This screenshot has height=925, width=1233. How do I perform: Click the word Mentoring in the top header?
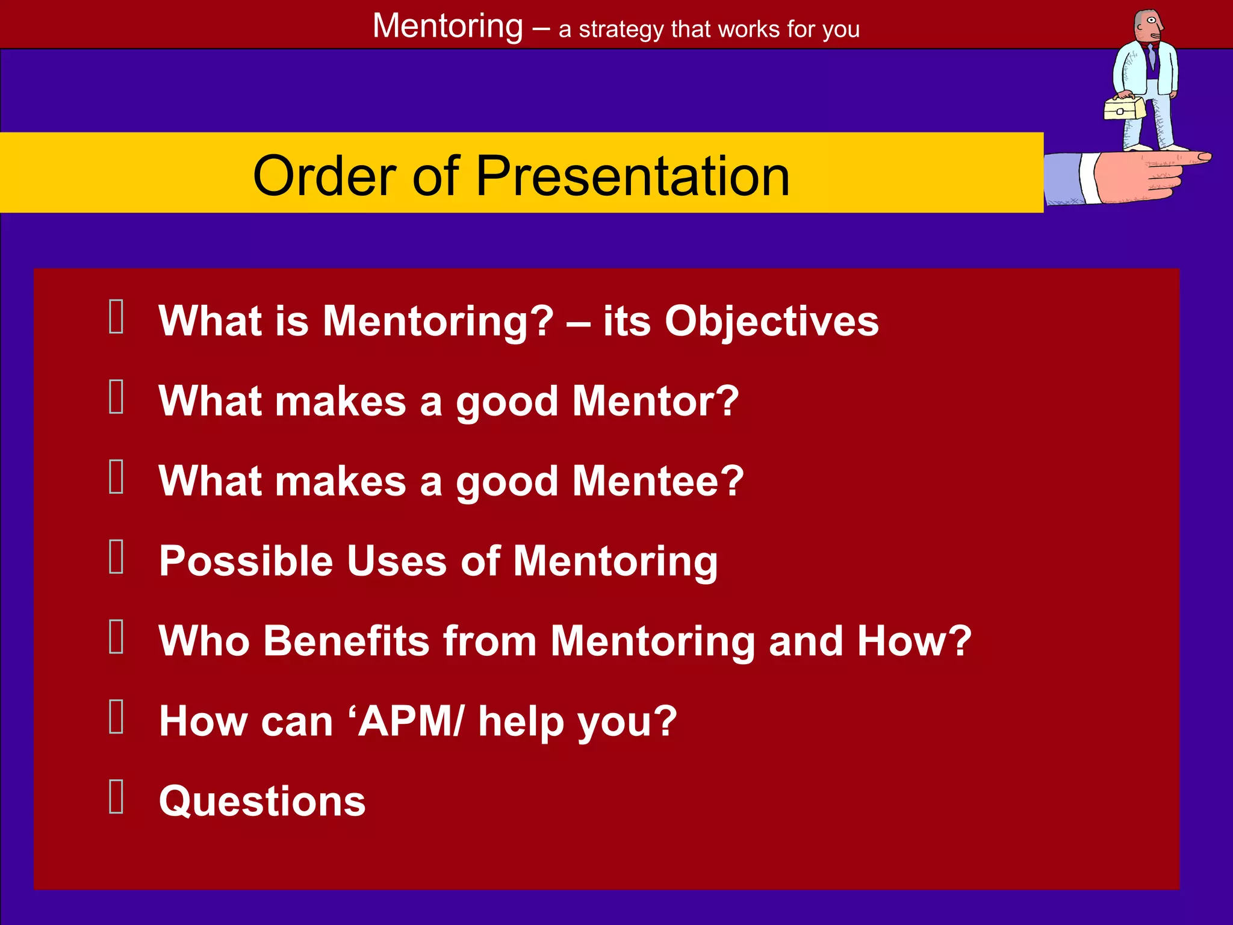coord(448,26)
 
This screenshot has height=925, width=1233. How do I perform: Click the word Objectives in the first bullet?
coord(771,321)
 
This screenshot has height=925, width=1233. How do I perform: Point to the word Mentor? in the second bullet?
coord(655,401)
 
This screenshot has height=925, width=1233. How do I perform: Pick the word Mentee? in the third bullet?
coord(658,481)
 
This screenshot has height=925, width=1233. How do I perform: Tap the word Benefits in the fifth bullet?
coord(346,641)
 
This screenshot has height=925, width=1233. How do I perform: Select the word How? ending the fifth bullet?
coord(914,641)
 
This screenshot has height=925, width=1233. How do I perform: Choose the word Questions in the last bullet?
coord(262,801)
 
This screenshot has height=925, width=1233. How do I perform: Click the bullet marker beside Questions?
coord(116,796)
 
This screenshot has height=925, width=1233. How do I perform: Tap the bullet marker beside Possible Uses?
coord(116,556)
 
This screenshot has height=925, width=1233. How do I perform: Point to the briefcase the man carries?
coord(1123,109)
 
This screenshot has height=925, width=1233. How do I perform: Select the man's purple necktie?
coord(1152,57)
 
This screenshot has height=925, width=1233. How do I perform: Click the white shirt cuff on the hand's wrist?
coord(1089,178)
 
